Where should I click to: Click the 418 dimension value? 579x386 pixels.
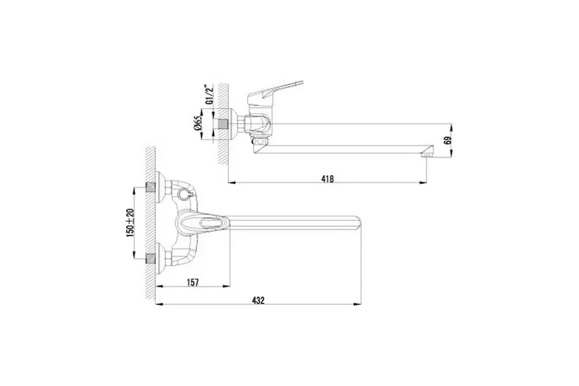327,179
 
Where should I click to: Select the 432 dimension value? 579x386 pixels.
259,300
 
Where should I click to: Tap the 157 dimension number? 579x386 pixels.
193,282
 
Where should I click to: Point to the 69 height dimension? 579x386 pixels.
448,140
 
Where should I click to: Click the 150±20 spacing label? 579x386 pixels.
130,223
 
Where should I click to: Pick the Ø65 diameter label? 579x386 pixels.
198,123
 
